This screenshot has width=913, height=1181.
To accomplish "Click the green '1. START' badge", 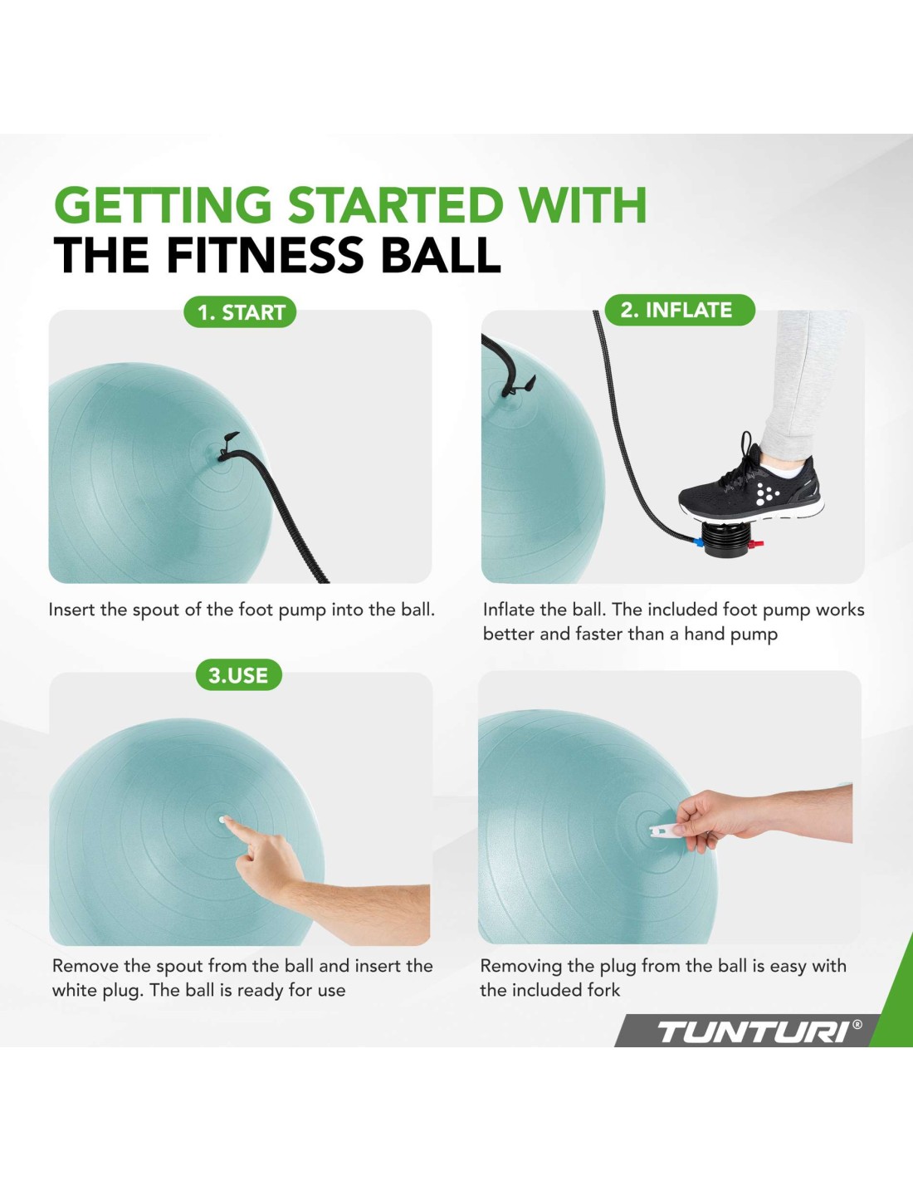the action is click(x=240, y=312).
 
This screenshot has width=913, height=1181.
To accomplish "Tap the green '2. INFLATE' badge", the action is click(x=680, y=310).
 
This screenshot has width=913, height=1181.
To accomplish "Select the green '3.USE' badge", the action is click(x=238, y=675).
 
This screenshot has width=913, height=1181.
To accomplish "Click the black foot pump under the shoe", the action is click(x=726, y=539).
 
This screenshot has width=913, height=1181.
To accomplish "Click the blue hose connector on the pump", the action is click(x=696, y=541).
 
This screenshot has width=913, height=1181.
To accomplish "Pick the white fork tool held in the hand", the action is click(x=669, y=830).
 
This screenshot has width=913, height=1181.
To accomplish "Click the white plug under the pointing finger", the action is click(x=222, y=820).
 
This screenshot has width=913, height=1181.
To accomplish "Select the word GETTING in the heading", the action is click(x=163, y=204).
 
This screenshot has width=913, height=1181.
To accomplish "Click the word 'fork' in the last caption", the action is click(x=603, y=990).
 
